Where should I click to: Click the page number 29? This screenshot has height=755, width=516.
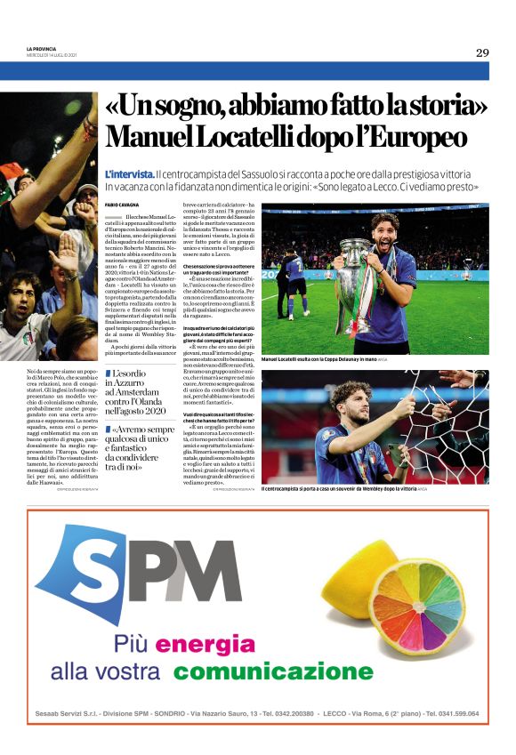[481, 52]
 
